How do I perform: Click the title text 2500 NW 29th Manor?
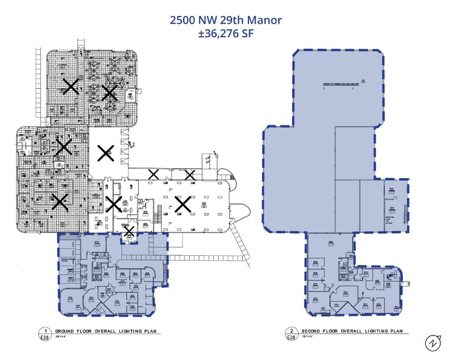click(226, 20)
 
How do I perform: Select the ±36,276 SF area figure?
click(226, 34)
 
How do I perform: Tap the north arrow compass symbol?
click(433, 342)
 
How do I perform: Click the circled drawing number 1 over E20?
click(43, 329)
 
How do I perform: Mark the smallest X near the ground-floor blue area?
click(129, 231)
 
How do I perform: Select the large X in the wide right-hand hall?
click(182, 204)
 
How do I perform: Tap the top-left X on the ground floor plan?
click(71, 86)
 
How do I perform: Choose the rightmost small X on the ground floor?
click(190, 175)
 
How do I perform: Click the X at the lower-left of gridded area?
click(59, 201)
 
